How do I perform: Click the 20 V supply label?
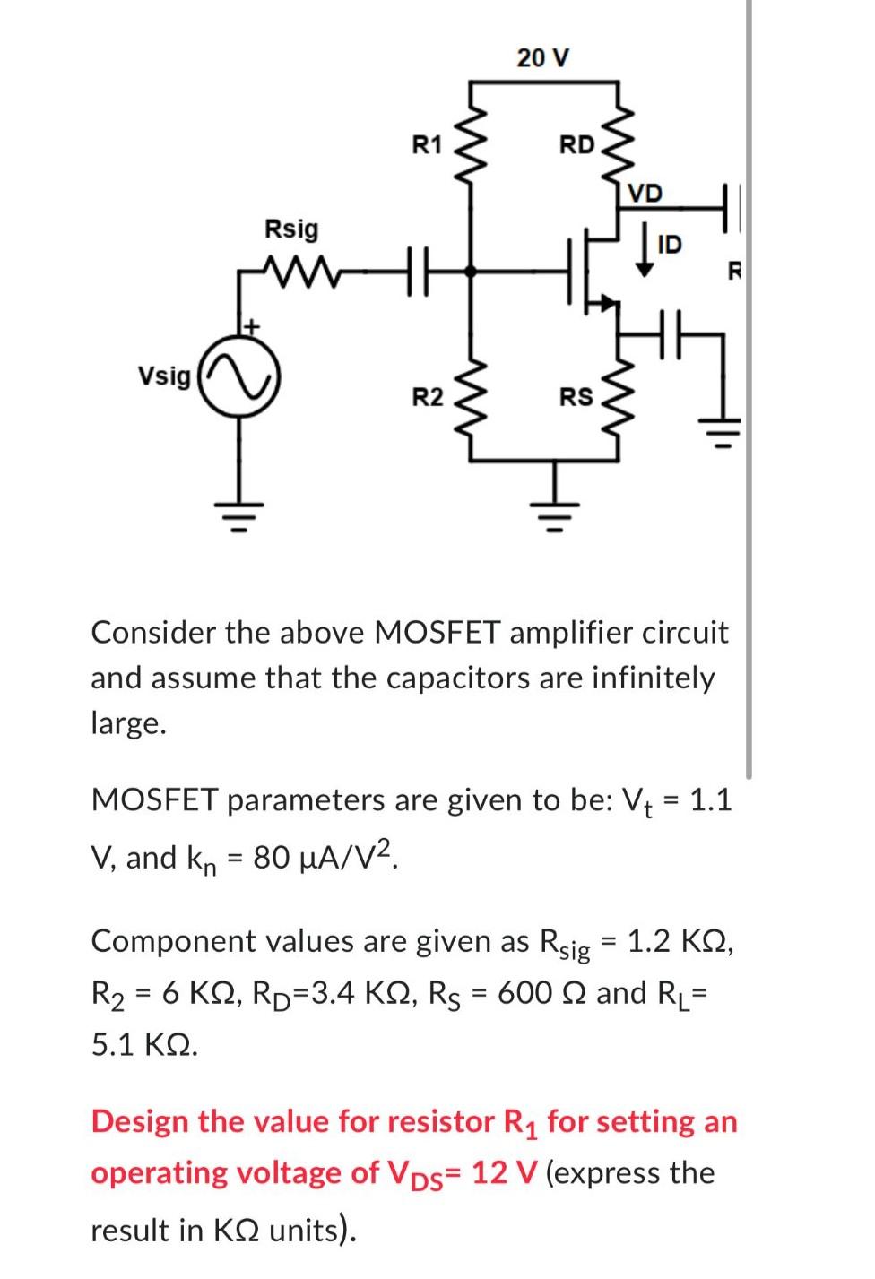542,58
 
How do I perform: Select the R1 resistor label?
427,144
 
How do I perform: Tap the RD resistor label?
576,144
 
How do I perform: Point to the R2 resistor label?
427,396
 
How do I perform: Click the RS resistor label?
576,396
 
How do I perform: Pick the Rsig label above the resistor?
290,229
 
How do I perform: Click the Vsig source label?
163,376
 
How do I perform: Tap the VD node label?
644,194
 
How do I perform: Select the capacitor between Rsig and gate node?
418,268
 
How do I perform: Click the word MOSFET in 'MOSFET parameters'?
154,799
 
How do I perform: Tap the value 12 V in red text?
503,1173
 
